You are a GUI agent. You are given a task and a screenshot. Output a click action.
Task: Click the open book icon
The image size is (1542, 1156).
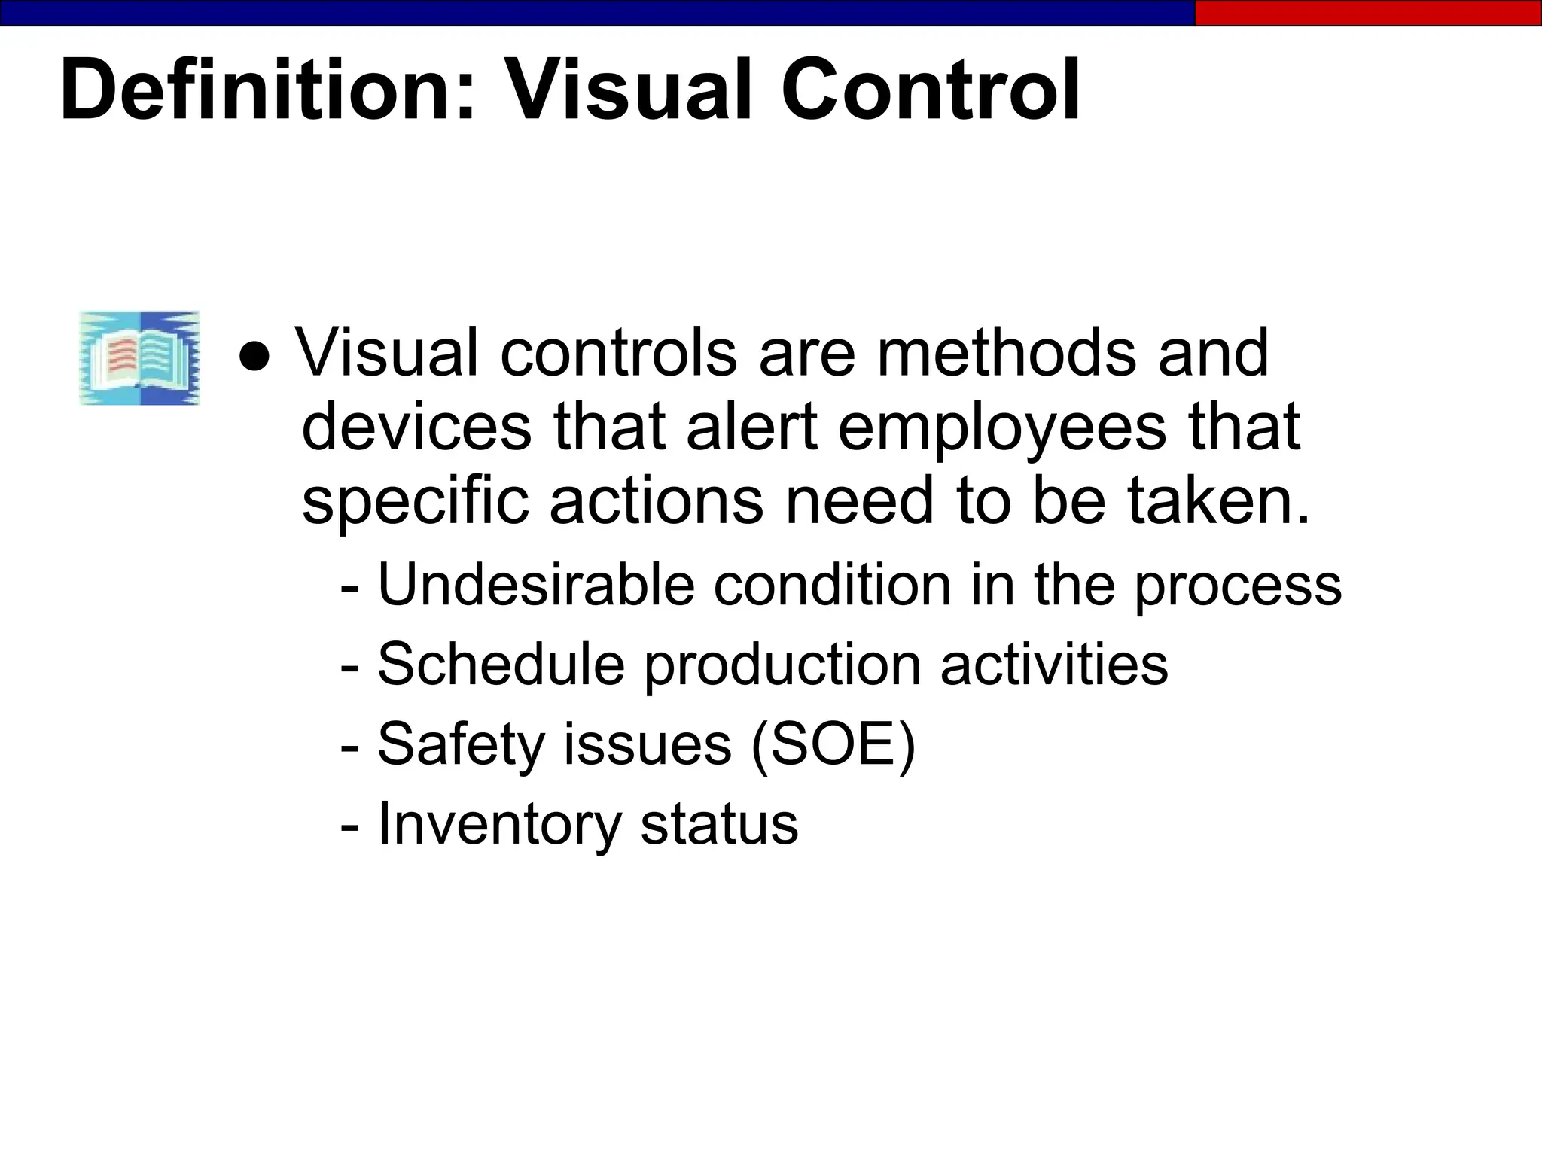pos(140,358)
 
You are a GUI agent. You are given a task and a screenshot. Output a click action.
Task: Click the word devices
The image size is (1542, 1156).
pos(416,427)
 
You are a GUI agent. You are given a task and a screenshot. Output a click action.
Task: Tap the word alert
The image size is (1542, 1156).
pos(751,427)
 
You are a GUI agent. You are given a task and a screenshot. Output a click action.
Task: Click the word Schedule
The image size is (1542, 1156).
pos(501,664)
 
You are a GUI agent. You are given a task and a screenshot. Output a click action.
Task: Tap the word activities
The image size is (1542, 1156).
pos(1054,664)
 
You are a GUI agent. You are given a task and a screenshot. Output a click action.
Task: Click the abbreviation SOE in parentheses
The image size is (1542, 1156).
pos(833,744)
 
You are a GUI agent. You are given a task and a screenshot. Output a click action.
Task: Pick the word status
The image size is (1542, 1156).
pos(719,824)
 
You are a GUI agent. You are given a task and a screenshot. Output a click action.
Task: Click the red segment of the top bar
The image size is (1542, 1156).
pos(1367,13)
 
